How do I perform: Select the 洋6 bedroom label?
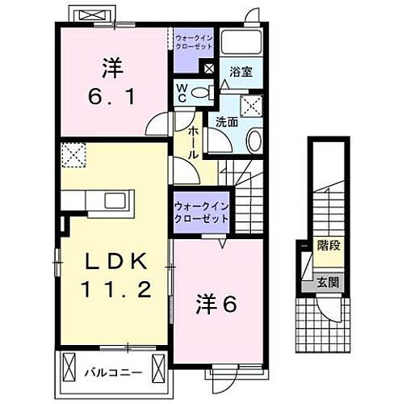tap(216, 305)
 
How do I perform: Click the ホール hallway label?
tap(194, 142)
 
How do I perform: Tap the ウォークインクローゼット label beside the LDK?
tap(200, 213)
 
